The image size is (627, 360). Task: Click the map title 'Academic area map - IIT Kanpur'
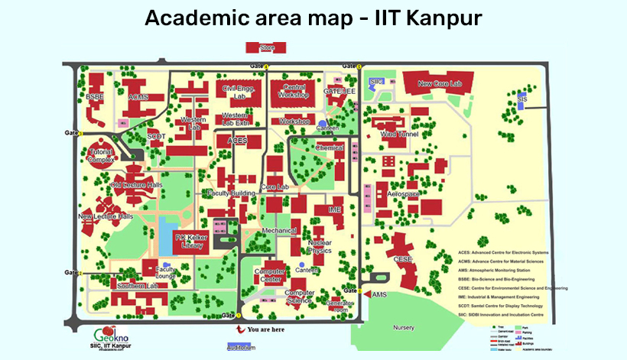(313, 18)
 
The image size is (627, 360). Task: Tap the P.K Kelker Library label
(187, 242)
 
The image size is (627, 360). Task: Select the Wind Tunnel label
(398, 134)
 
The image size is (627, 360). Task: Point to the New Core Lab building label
(440, 83)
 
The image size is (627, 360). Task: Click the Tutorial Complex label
(100, 156)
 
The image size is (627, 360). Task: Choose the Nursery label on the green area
(403, 327)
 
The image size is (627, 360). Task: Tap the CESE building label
(403, 259)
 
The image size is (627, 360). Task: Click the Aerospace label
(404, 195)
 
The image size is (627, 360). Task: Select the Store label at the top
(267, 48)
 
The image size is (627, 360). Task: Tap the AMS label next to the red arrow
(380, 294)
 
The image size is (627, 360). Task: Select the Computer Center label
(269, 276)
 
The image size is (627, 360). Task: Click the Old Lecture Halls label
(136, 185)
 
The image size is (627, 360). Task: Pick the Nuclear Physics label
(320, 247)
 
